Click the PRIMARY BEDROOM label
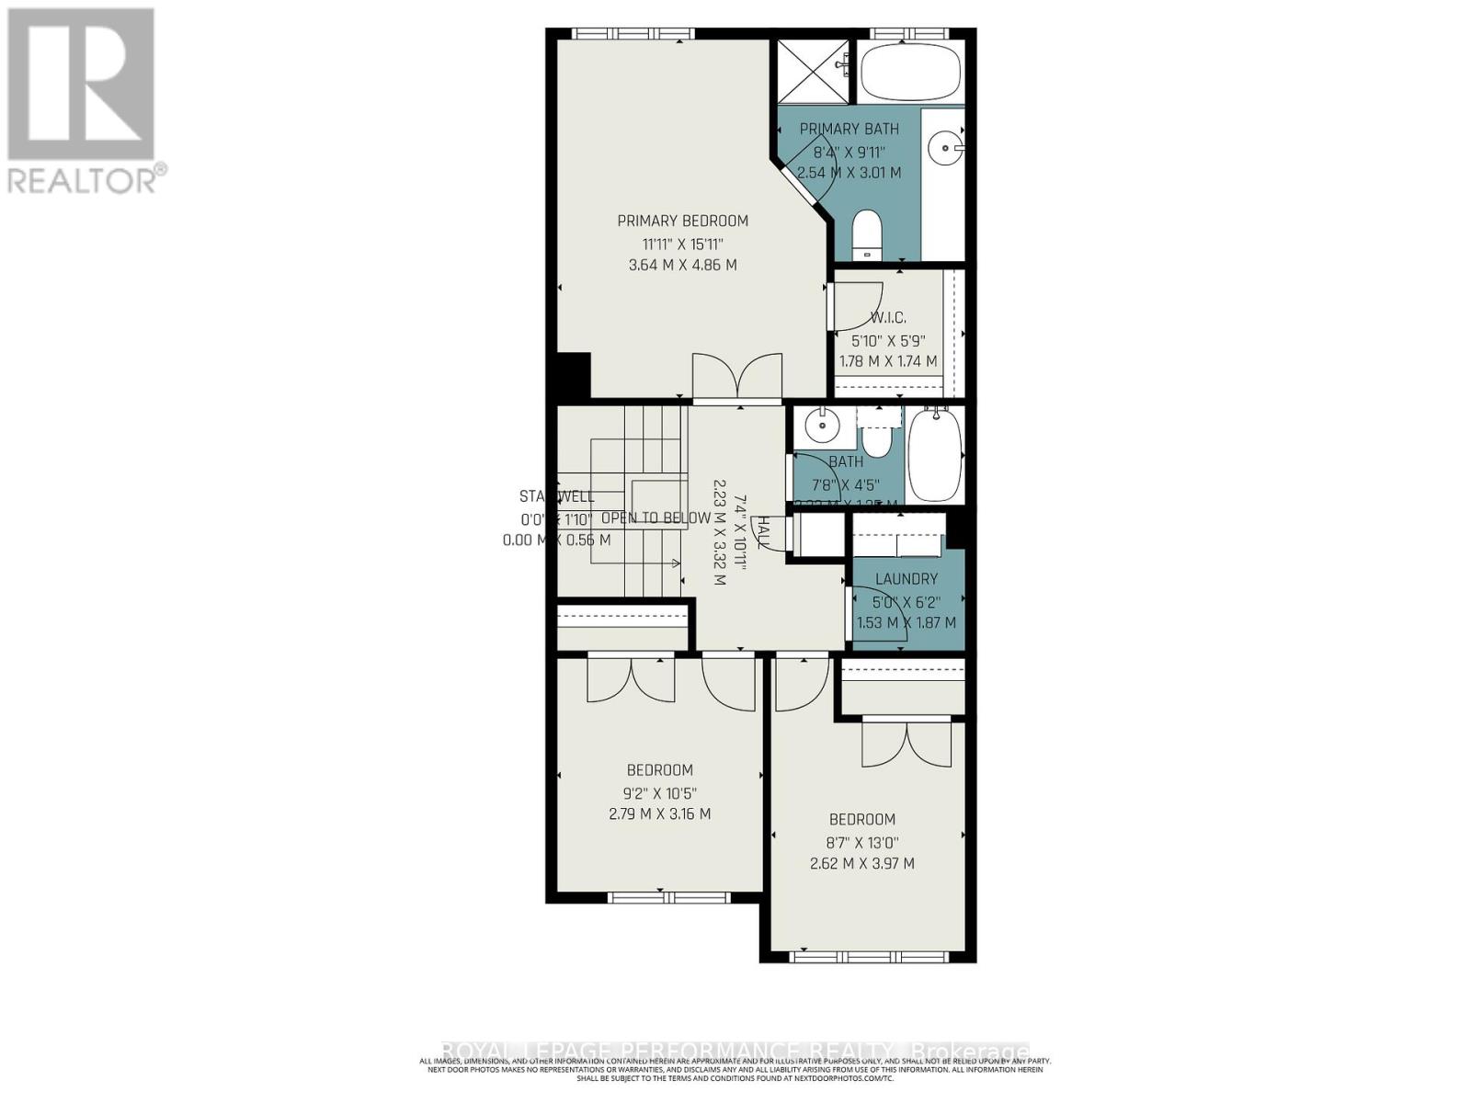pyautogui.click(x=682, y=221)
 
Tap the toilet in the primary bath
pyautogui.click(x=867, y=236)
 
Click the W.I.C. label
pyautogui.click(x=888, y=318)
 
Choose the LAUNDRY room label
pyautogui.click(x=907, y=579)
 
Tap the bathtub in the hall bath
pyautogui.click(x=935, y=455)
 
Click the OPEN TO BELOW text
pyautogui.click(x=656, y=518)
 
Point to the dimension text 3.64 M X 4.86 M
pyautogui.click(x=682, y=265)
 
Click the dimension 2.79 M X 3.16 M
pyautogui.click(x=659, y=813)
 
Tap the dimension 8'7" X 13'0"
pyautogui.click(x=862, y=842)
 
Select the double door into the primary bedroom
pyautogui.click(x=736, y=378)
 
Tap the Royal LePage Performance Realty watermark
pyautogui.click(x=735, y=1051)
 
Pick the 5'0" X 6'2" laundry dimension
pyautogui.click(x=907, y=602)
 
